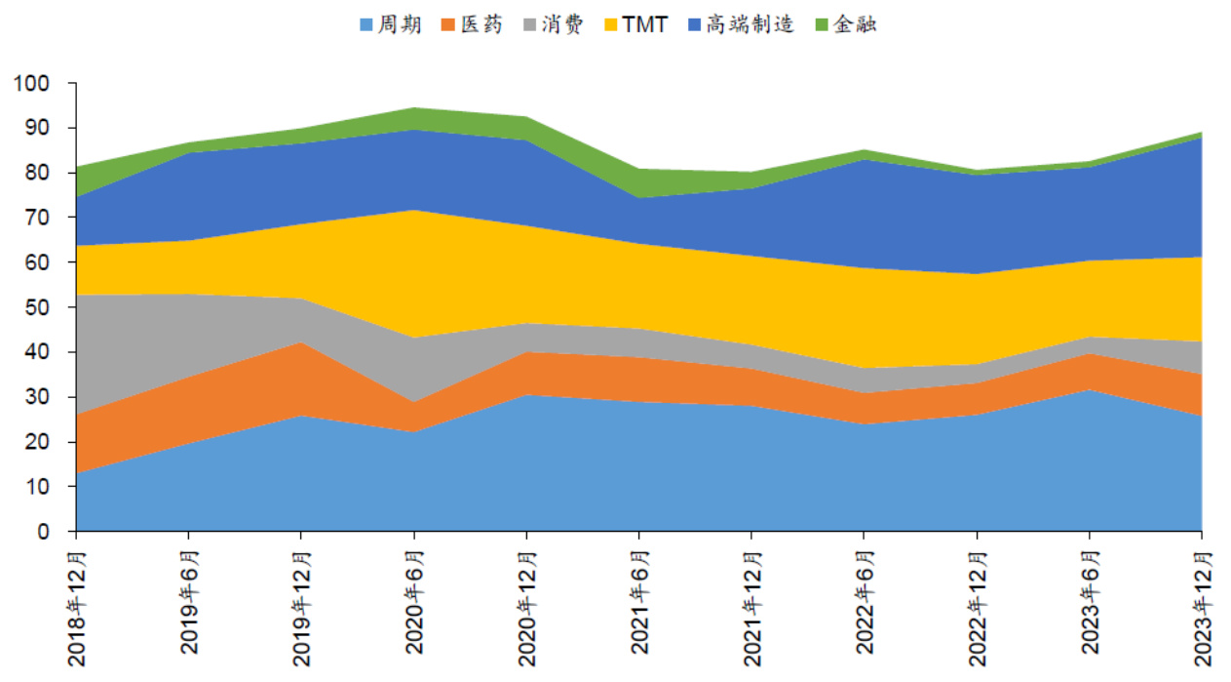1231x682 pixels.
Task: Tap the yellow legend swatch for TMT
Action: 610,24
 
